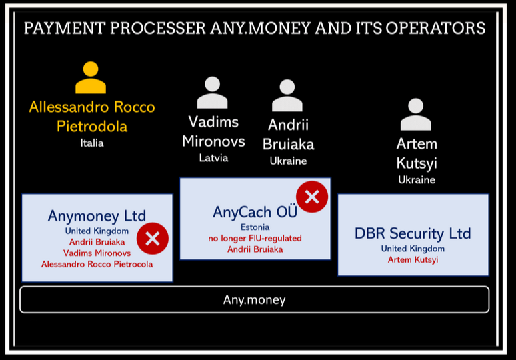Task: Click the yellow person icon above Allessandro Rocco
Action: tap(91, 77)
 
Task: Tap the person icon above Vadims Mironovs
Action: tap(212, 93)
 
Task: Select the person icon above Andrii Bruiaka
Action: tap(287, 95)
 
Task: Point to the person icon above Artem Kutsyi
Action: tap(415, 114)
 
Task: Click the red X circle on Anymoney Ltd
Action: tap(153, 238)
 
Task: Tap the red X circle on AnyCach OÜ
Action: tap(312, 197)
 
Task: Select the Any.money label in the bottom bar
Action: tap(255, 300)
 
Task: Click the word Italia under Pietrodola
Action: tap(92, 143)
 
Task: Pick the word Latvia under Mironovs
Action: tap(213, 158)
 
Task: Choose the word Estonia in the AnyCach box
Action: tap(255, 227)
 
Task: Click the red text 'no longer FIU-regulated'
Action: tap(255, 239)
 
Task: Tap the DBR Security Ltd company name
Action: tap(413, 233)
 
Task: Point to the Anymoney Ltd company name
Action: tap(97, 216)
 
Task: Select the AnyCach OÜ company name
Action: tap(255, 211)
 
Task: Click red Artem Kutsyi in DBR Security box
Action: tap(413, 260)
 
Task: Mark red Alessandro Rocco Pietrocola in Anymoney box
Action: tap(97, 264)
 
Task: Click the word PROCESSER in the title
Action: tap(158, 28)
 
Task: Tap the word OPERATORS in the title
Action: tap(436, 28)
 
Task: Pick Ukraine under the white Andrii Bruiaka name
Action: tap(288, 161)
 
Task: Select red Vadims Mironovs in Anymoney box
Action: tap(97, 253)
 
